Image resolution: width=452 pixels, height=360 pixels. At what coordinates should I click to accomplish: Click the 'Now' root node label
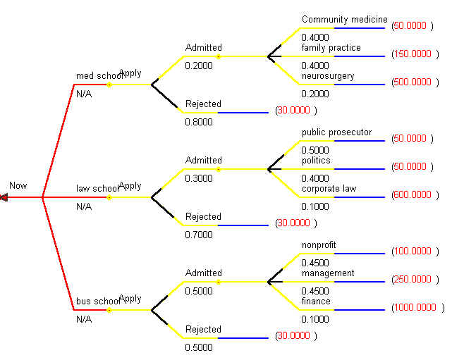[18, 186]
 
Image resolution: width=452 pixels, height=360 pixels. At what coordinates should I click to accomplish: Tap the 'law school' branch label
[97, 189]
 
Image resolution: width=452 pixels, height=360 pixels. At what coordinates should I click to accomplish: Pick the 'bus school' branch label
[97, 302]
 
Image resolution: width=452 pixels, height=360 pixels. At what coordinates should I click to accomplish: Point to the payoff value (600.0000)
[413, 194]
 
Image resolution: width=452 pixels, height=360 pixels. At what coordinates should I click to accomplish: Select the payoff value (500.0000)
[413, 82]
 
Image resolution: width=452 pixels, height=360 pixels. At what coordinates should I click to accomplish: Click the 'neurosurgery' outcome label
[328, 76]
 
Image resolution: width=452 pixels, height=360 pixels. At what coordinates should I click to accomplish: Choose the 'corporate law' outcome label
[329, 189]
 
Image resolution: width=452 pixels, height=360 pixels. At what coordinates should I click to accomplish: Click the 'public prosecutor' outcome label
[336, 132]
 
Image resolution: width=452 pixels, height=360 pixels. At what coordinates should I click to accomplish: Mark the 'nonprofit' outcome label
[319, 245]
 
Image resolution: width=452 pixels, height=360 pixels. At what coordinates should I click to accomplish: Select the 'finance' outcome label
[316, 302]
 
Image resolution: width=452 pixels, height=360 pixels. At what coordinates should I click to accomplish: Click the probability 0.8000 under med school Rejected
[198, 122]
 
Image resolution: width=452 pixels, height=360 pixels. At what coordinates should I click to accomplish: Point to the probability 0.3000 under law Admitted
[198, 178]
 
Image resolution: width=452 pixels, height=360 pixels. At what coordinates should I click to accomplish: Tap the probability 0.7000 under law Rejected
[198, 235]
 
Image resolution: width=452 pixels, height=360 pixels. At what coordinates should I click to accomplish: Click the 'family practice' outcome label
[331, 48]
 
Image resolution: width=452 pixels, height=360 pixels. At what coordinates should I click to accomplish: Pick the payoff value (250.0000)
[413, 279]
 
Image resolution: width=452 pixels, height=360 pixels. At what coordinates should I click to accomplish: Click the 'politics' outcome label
[316, 161]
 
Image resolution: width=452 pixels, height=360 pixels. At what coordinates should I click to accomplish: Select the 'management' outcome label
[327, 273]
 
